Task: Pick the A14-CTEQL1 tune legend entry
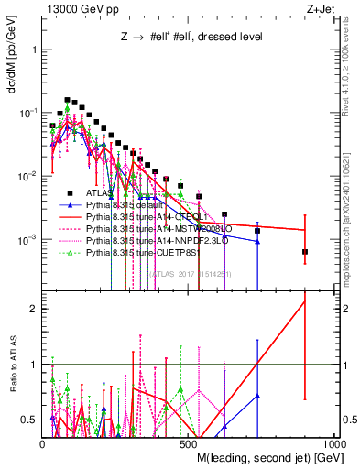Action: [142, 221]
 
